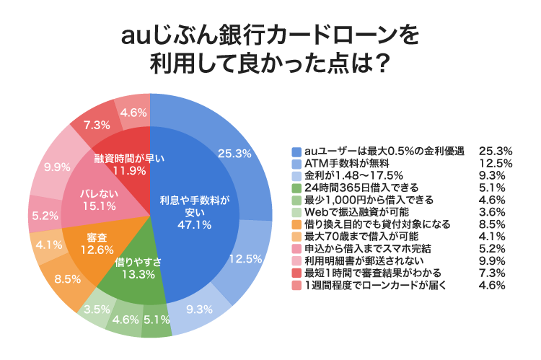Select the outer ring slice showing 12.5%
click(x=242, y=258)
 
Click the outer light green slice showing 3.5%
click(x=96, y=309)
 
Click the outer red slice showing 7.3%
click(x=96, y=124)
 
